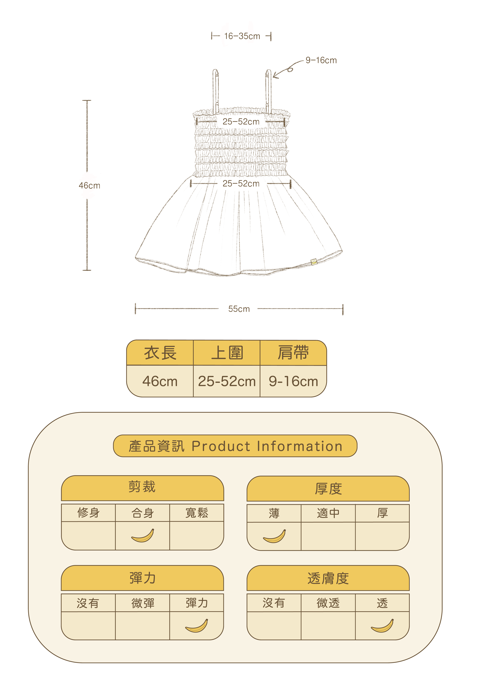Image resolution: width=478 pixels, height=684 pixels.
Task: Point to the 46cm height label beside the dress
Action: (89, 186)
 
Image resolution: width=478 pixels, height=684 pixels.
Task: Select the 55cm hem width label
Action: (239, 309)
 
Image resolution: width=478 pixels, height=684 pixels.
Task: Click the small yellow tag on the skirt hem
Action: (313, 262)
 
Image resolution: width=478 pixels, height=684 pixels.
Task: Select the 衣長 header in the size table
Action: (160, 353)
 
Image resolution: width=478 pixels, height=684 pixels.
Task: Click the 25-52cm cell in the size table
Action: (227, 381)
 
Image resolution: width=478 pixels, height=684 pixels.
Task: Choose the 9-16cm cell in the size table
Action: (293, 381)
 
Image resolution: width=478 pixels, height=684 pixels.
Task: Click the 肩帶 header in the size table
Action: (293, 353)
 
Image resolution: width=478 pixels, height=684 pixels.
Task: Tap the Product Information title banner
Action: (235, 446)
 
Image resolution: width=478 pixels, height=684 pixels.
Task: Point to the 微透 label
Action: (328, 603)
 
